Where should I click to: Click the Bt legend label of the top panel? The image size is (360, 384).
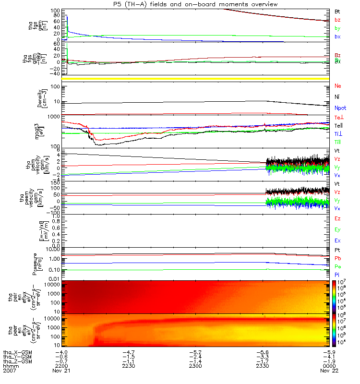[x=337, y=11]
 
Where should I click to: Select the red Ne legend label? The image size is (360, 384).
[x=338, y=86]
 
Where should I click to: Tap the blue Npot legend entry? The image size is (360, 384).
[x=340, y=108]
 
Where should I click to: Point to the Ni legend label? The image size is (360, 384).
[x=337, y=97]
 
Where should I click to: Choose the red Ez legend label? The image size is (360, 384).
[x=338, y=218]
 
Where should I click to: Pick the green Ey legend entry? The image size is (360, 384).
[x=338, y=229]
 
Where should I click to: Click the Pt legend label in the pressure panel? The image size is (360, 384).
[x=337, y=251]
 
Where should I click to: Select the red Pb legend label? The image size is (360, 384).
[x=338, y=258]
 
